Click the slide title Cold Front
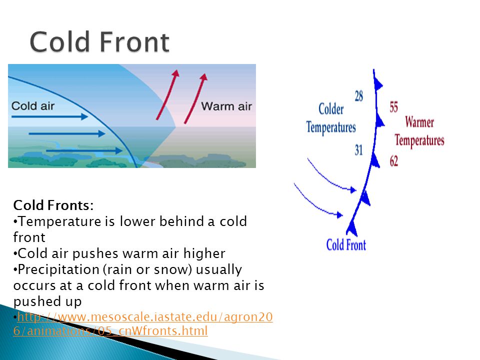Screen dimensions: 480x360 click(x=99, y=42)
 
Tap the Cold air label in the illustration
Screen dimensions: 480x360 click(x=33, y=106)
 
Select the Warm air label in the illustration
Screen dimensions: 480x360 click(x=226, y=106)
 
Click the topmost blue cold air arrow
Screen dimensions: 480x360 click(x=49, y=116)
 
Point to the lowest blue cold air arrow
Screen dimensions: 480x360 click(x=84, y=150)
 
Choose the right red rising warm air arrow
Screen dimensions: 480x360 click(x=195, y=98)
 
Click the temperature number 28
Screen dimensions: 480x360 click(x=359, y=96)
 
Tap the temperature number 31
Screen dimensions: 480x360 click(x=359, y=150)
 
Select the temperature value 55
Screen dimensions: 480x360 click(x=393, y=107)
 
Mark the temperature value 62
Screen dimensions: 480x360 click(x=393, y=161)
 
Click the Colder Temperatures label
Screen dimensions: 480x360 click(x=331, y=118)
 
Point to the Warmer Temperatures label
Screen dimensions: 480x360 click(x=419, y=131)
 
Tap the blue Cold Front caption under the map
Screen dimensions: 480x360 click(x=346, y=245)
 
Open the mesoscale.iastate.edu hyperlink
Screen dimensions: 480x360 click(x=142, y=324)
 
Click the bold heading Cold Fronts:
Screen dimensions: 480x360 click(x=53, y=205)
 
